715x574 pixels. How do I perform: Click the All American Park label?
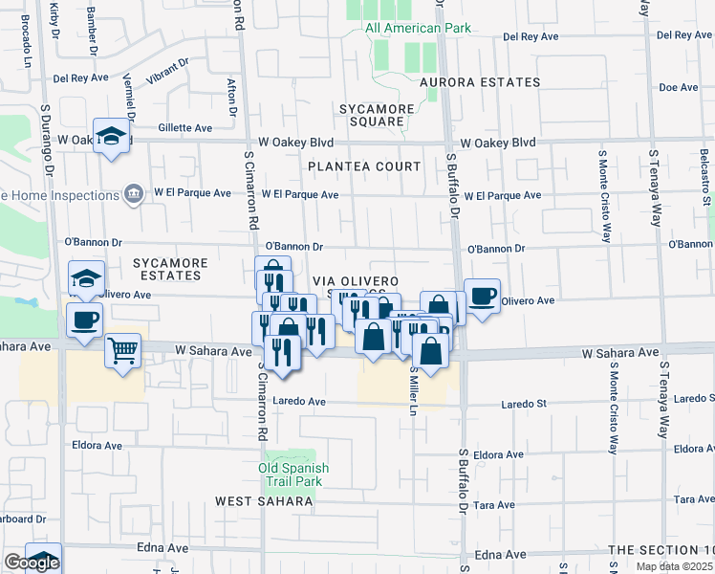pos(418,28)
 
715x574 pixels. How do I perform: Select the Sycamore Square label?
pos(376,115)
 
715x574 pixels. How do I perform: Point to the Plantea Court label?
pos(364,166)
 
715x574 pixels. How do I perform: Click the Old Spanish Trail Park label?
pos(297,475)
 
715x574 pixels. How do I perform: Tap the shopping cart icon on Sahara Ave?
pos(122,350)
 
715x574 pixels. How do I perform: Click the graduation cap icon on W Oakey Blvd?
pos(112,136)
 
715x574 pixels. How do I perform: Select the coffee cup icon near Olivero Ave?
pos(482,296)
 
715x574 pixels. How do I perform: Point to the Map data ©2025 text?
pos(674,566)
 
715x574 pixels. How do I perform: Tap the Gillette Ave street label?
pos(185,127)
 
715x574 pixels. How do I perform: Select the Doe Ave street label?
pos(679,87)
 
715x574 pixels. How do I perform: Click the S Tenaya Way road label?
pos(657,187)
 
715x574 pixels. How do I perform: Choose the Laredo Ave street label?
pos(299,401)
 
